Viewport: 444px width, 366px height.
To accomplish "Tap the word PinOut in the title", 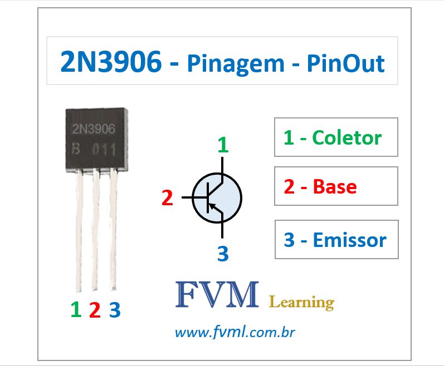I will pyautogui.click(x=345, y=64).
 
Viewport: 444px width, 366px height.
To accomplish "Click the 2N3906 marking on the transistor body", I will pyautogui.click(x=94, y=129).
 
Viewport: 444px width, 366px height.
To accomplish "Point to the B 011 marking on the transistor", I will pyautogui.click(x=94, y=150).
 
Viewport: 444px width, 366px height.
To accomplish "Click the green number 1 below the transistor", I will pyautogui.click(x=76, y=310).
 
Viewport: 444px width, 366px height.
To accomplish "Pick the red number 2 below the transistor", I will pyautogui.click(x=95, y=310).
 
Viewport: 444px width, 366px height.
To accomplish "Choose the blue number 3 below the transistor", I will pyautogui.click(x=114, y=310).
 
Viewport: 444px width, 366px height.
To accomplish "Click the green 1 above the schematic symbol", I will pyautogui.click(x=223, y=145).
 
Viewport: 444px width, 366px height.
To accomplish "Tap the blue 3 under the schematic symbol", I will pyautogui.click(x=223, y=254).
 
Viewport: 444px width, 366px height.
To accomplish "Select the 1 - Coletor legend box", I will pyautogui.click(x=336, y=137).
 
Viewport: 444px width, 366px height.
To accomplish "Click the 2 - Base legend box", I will pyautogui.click(x=336, y=186).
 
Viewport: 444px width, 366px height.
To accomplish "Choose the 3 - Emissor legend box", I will pyautogui.click(x=336, y=240).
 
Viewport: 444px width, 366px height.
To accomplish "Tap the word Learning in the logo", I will pyautogui.click(x=301, y=302).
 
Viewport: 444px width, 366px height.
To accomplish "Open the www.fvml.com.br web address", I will pyautogui.click(x=235, y=333).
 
